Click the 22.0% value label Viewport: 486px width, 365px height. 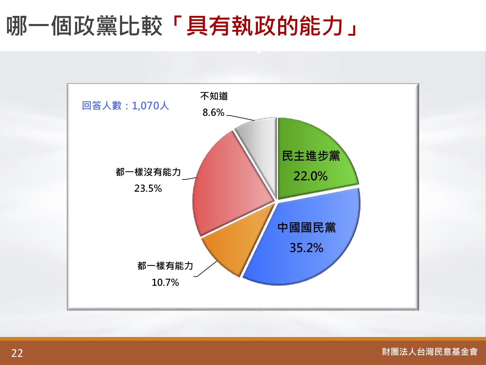click(x=310, y=176)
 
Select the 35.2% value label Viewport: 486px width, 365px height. click(x=307, y=248)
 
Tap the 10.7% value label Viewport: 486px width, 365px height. click(x=165, y=283)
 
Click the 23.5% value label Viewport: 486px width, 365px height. click(x=148, y=189)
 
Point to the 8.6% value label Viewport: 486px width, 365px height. click(x=214, y=113)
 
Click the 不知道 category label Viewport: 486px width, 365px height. click(x=214, y=96)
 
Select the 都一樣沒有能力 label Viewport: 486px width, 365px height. click(x=148, y=172)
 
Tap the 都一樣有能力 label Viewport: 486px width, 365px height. click(x=165, y=266)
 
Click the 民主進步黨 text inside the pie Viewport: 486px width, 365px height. click(x=311, y=156)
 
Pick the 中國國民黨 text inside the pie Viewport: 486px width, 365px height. click(x=307, y=227)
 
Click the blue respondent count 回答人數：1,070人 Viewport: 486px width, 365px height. click(x=125, y=106)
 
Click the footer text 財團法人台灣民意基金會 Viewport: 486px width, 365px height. click(x=430, y=352)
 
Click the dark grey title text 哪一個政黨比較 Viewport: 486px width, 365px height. click(x=84, y=26)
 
